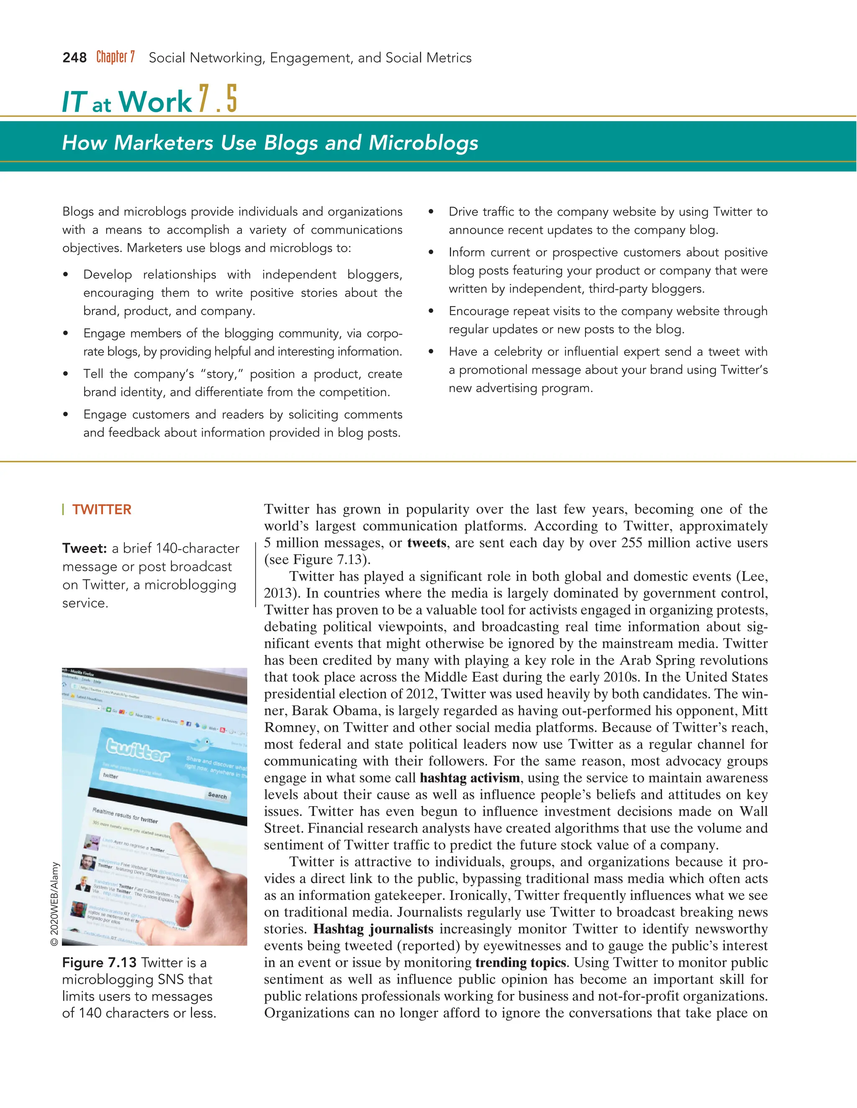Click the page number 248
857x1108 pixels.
click(74, 58)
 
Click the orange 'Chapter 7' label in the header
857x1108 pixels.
click(116, 57)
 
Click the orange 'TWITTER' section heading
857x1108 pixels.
click(102, 509)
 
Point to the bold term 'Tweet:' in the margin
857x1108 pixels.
click(85, 549)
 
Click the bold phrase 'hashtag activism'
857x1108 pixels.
click(470, 778)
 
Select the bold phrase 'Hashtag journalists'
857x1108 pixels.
click(373, 929)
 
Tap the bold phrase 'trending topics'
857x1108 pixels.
click(521, 962)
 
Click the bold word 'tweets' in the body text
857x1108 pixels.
click(426, 543)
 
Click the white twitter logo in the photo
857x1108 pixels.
click(137, 750)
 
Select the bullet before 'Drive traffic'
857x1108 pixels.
click(431, 212)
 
